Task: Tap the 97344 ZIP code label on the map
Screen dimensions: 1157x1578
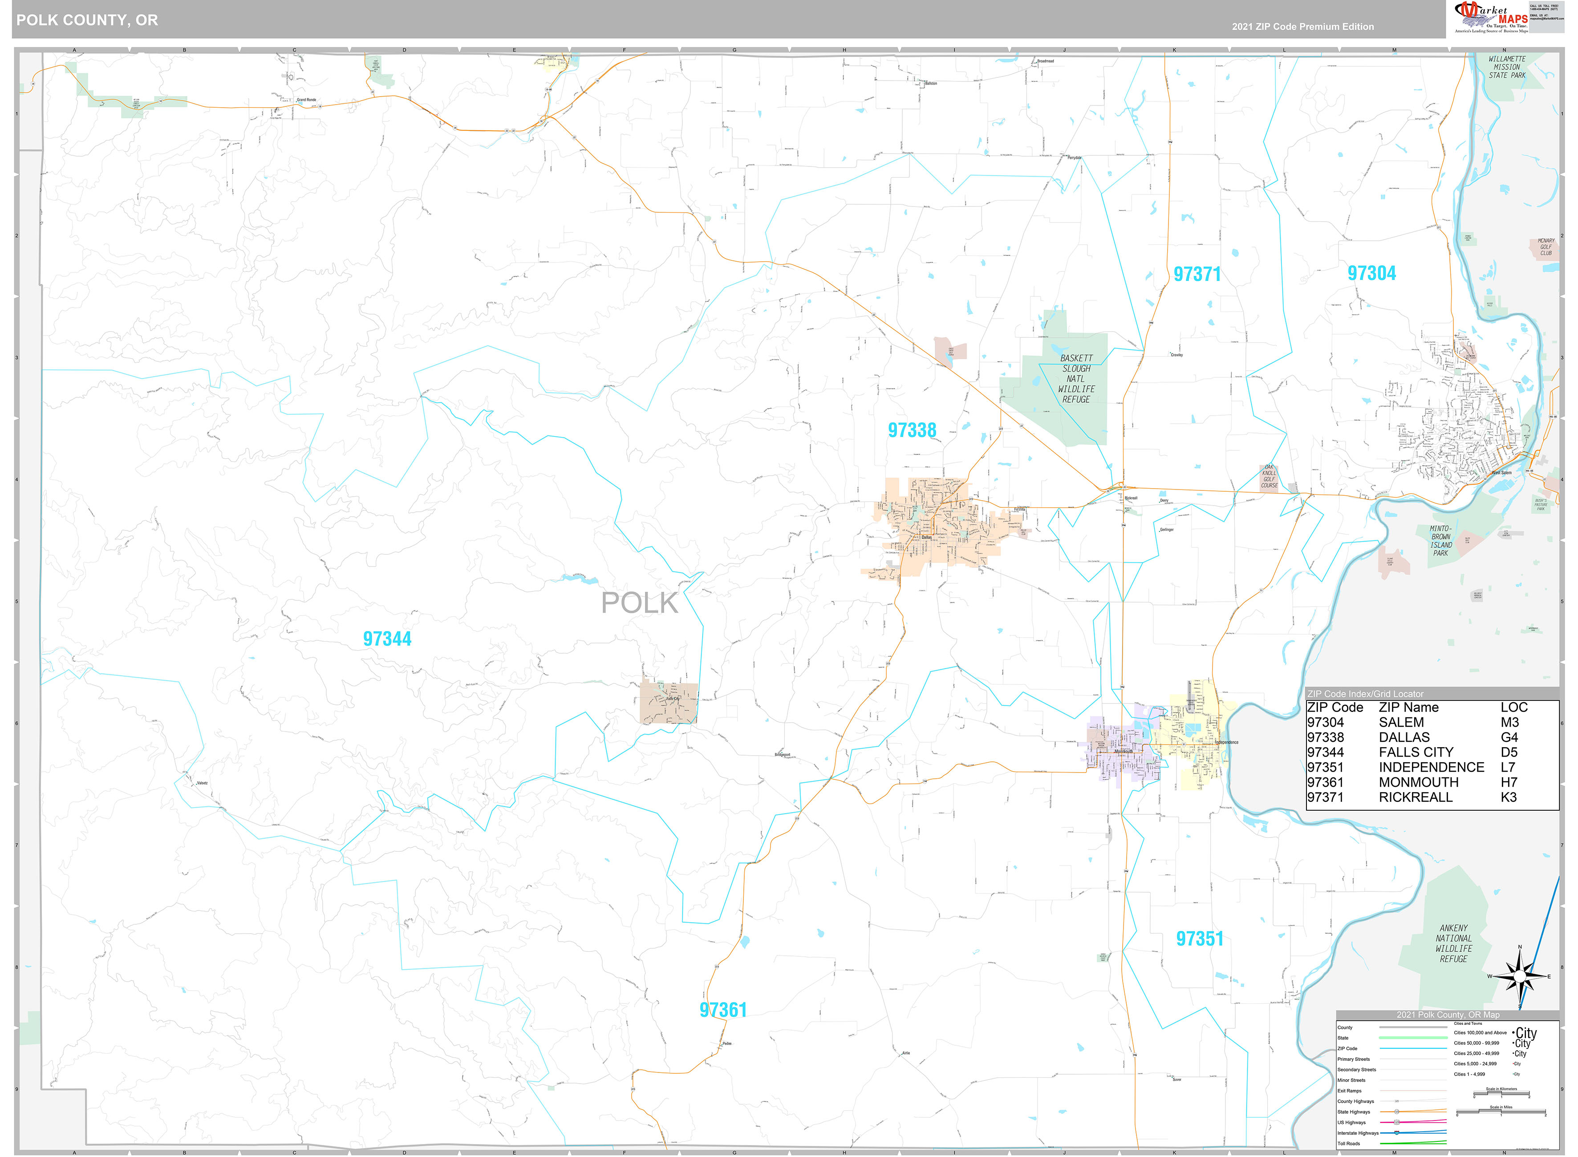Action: click(387, 639)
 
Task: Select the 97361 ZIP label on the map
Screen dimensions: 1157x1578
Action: click(723, 1010)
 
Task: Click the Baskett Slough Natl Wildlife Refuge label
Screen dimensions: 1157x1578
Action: click(1076, 379)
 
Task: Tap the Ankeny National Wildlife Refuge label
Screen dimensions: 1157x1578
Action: click(1453, 943)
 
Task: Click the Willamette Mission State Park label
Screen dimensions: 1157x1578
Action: click(1507, 67)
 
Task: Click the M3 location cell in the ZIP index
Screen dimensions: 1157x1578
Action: click(1509, 722)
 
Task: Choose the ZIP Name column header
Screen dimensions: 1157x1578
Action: click(1408, 708)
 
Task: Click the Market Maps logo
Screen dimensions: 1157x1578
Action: click(1489, 17)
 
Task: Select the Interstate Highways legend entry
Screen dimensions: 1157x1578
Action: click(1357, 1133)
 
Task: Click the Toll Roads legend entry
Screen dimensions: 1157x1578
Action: click(1348, 1143)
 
